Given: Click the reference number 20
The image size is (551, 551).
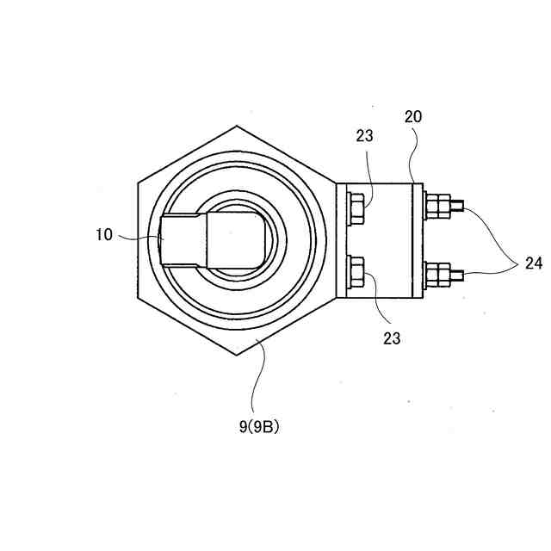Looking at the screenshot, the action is (413, 116).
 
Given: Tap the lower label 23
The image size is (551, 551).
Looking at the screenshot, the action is (391, 338).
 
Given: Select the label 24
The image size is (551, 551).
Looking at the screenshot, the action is (533, 263).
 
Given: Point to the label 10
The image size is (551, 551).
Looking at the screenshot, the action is (104, 234).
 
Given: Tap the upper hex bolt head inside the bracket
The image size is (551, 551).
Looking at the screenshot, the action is (355, 207).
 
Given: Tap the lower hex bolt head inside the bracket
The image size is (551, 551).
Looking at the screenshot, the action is (355, 275).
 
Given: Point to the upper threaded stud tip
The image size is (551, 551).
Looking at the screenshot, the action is (459, 206).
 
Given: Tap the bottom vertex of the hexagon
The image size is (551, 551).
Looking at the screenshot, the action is (236, 355).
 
